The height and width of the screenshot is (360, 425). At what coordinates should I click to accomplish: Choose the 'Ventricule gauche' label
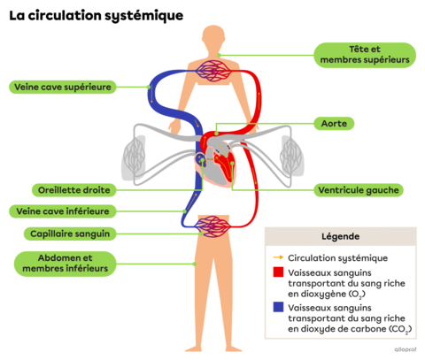(x=359, y=189)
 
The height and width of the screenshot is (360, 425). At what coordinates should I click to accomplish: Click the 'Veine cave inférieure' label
(x=62, y=211)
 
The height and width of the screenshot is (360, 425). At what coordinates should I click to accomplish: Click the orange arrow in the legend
(x=277, y=257)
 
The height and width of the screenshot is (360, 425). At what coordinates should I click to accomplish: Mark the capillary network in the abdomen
(x=212, y=226)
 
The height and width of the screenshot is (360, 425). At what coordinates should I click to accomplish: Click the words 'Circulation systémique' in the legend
(x=324, y=257)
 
